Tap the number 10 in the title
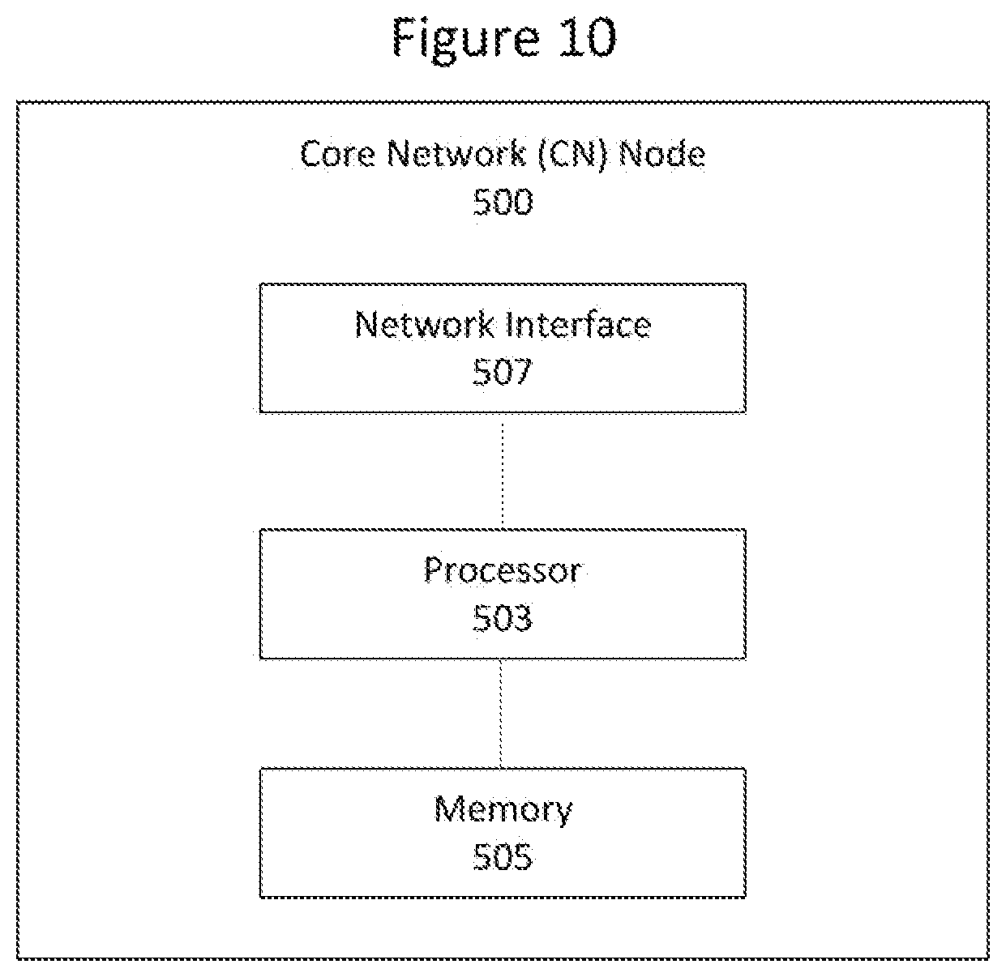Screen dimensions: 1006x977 point(587,36)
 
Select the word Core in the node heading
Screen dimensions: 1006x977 point(337,154)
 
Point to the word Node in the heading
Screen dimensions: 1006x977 point(661,154)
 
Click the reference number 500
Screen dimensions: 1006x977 point(503,202)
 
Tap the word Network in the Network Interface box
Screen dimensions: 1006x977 point(425,325)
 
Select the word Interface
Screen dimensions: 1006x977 point(578,325)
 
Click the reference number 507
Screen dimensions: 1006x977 point(503,372)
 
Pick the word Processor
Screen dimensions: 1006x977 point(503,571)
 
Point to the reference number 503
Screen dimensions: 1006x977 point(503,617)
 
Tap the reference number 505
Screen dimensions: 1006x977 point(503,857)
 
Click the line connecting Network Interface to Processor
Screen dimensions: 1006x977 point(503,471)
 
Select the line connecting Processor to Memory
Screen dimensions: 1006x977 point(500,714)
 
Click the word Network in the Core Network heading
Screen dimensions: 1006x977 point(456,154)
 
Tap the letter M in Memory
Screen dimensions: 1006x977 point(449,809)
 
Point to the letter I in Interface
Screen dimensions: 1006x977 point(508,325)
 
